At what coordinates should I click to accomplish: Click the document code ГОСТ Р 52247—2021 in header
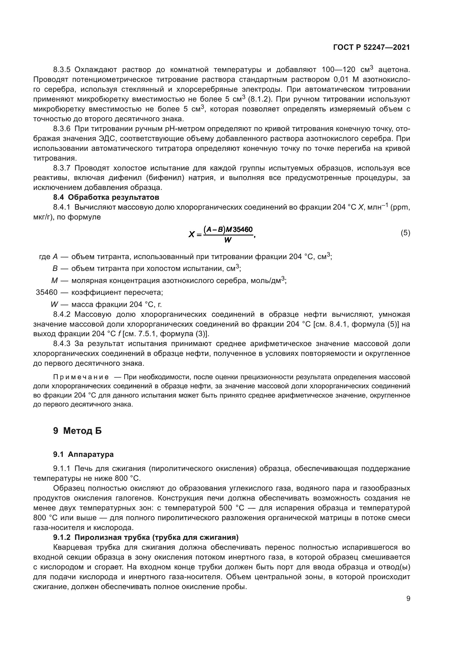pos(371,48)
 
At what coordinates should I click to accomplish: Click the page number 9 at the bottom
pos(408,599)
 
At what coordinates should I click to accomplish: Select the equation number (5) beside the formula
pos(405,233)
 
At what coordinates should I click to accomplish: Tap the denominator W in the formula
pos(228,240)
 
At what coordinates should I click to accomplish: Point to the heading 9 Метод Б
pos(77,431)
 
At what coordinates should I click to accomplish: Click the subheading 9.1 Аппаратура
pos(83,454)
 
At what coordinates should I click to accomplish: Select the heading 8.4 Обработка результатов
pos(106,197)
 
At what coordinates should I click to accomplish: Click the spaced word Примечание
pos(81,377)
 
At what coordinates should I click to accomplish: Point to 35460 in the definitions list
pos(46,293)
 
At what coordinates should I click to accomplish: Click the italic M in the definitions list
pos(54,281)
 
